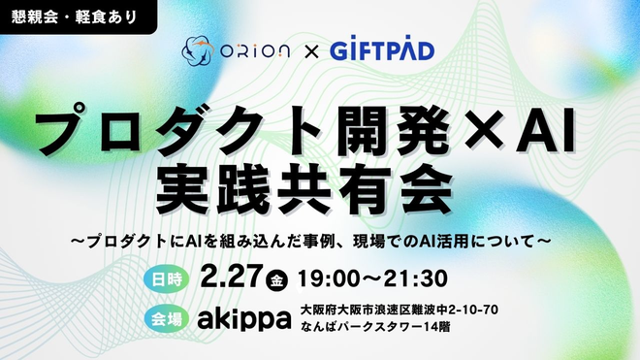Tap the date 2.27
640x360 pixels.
pyautogui.click(x=232, y=278)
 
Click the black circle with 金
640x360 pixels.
pyautogui.click(x=277, y=279)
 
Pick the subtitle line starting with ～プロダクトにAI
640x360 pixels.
pyautogui.click(x=320, y=237)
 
